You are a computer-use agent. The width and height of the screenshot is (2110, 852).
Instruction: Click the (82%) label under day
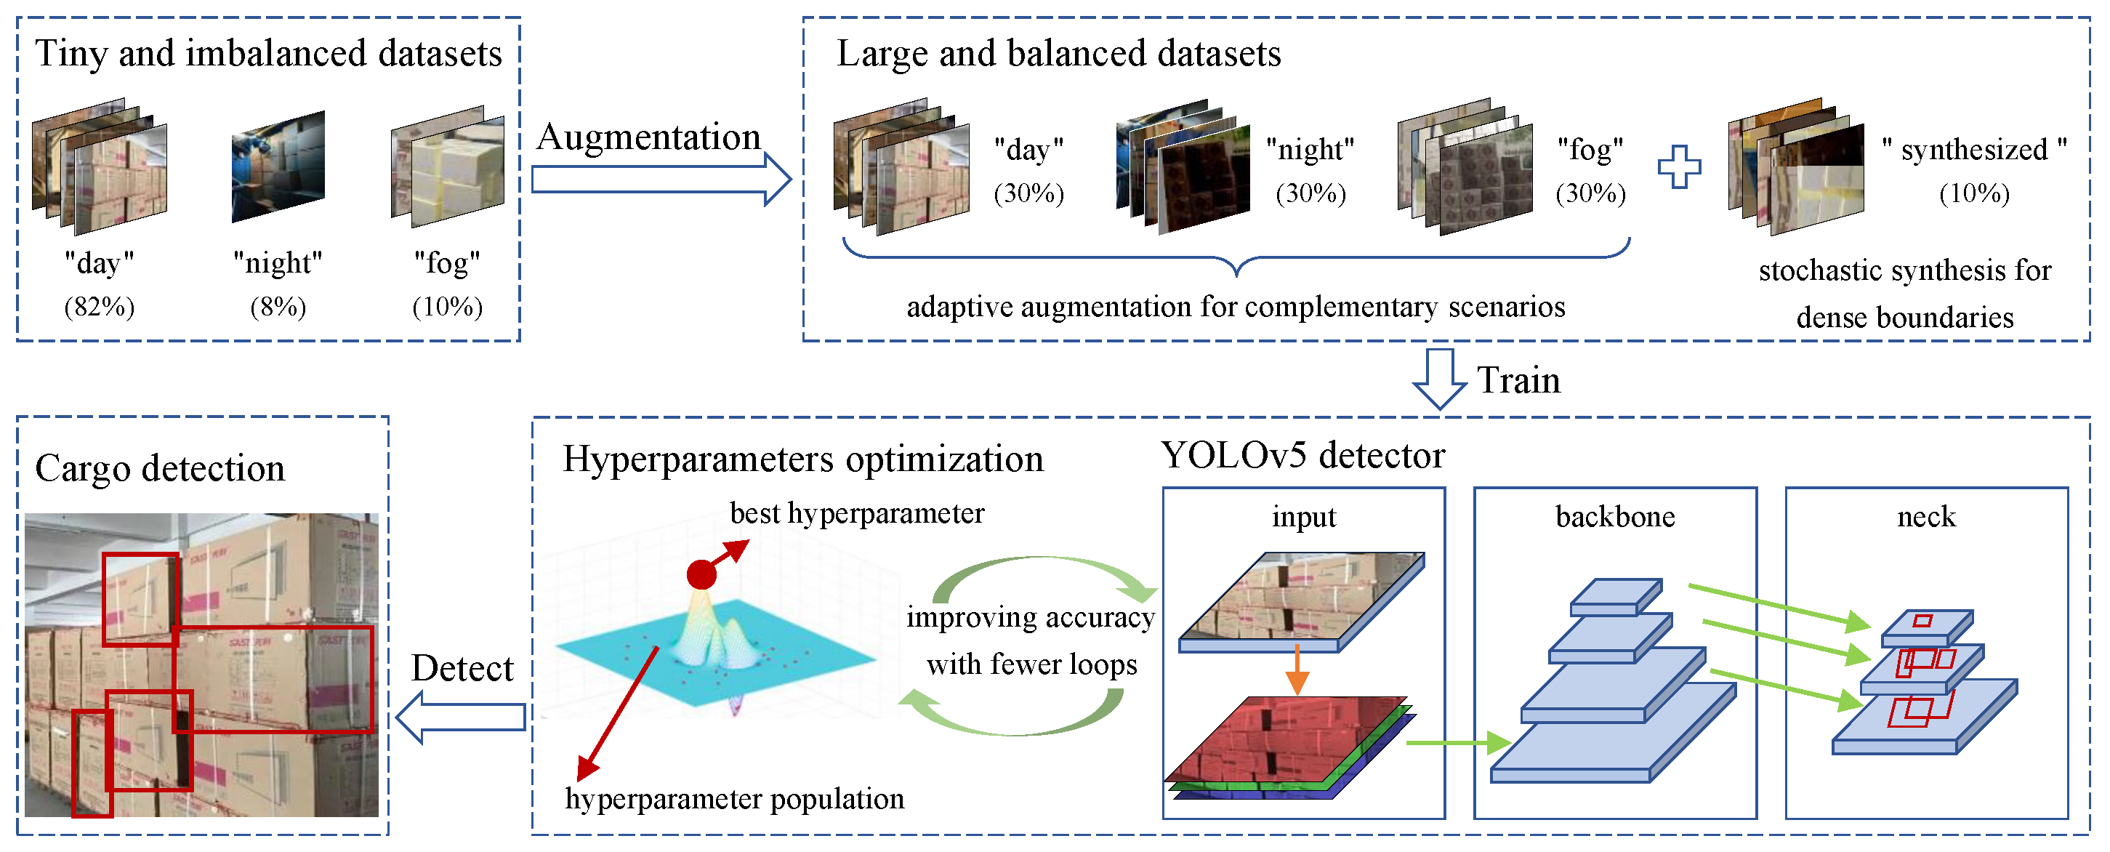point(99,308)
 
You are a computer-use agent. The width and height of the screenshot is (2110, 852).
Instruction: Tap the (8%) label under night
point(278,308)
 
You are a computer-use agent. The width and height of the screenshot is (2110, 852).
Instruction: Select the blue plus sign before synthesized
point(1678,167)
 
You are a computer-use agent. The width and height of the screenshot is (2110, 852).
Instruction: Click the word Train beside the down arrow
point(1518,381)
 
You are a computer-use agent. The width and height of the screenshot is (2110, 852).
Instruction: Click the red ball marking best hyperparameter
point(701,574)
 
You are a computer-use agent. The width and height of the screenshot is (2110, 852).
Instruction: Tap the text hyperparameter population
point(734,799)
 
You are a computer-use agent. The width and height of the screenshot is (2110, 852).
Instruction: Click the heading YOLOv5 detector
point(1302,456)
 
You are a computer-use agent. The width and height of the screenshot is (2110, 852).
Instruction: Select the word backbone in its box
point(1614,517)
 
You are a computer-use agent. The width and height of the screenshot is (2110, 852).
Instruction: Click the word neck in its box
point(1925,517)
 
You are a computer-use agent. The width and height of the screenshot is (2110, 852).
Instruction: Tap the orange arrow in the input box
point(1297,670)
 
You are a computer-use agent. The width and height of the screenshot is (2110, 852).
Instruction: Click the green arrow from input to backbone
point(1458,743)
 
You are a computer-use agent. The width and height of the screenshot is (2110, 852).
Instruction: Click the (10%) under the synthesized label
point(1974,193)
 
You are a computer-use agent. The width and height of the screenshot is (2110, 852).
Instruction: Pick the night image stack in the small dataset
point(278,167)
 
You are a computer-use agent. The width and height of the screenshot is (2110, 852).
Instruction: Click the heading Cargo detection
point(160,469)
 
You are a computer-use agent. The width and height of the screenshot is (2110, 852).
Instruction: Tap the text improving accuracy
point(1031,617)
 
